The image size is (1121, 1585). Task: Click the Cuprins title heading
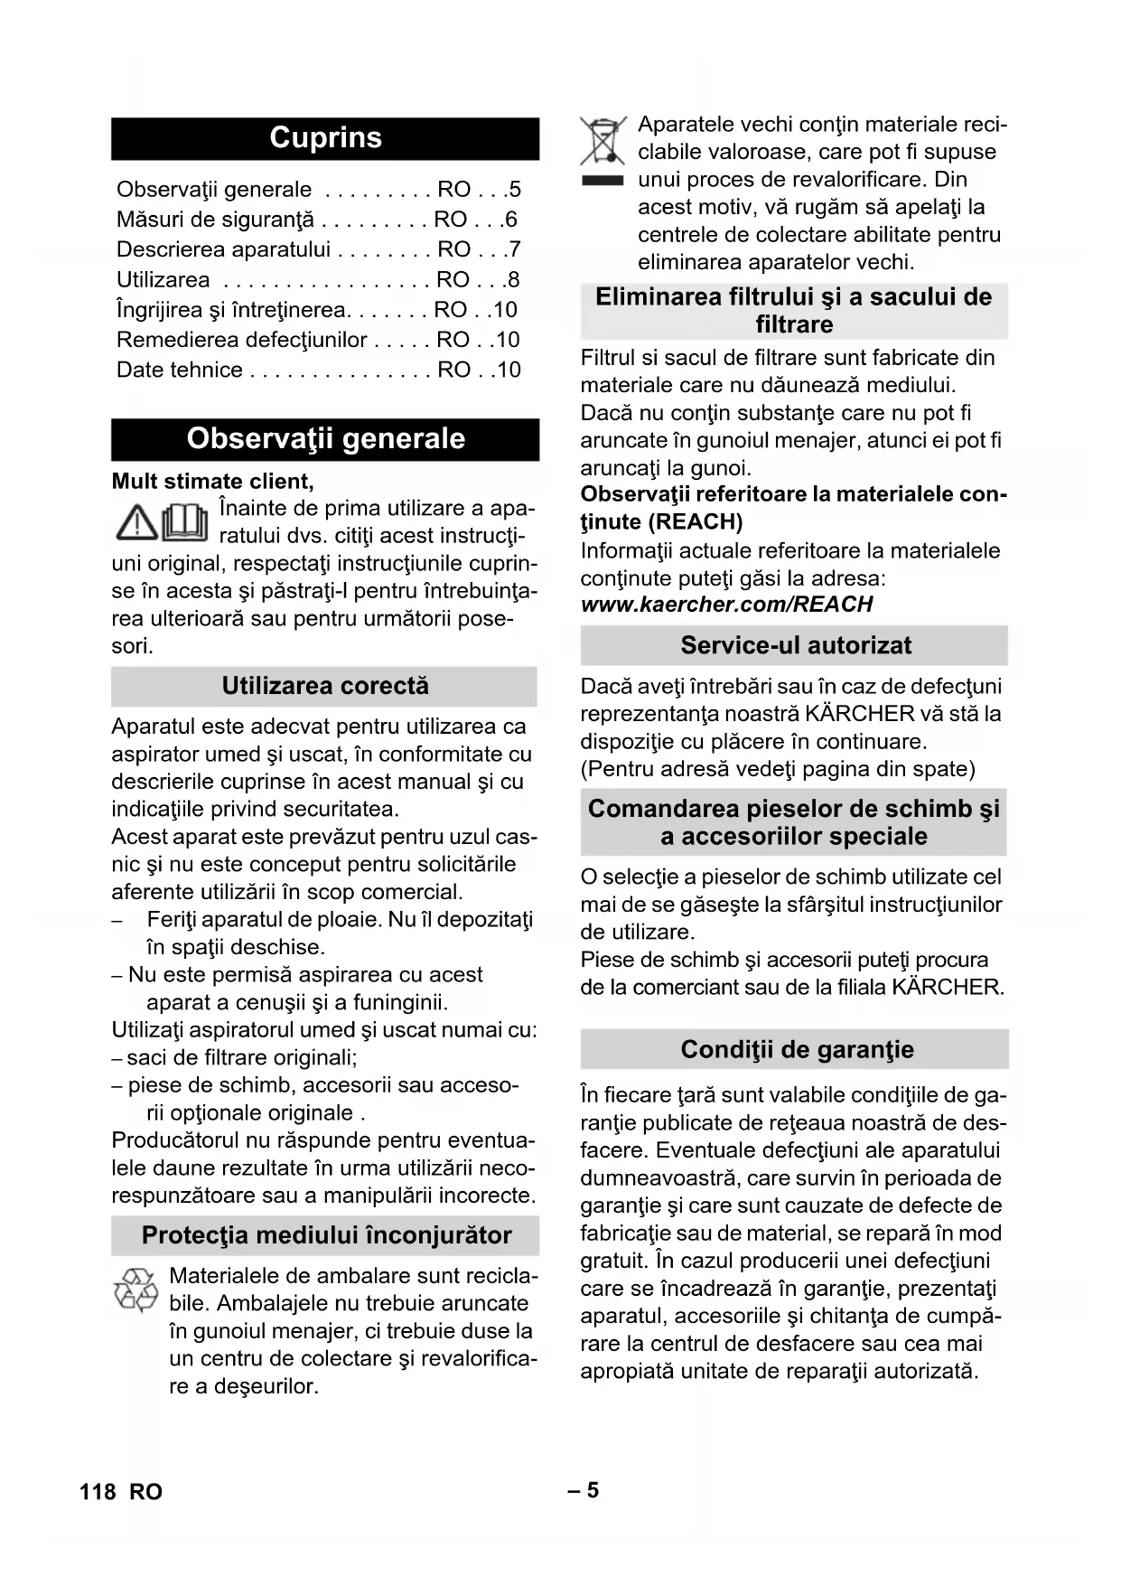[x=325, y=138]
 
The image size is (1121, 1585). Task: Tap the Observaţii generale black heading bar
[x=325, y=439]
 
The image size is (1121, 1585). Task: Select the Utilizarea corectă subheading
[x=325, y=687]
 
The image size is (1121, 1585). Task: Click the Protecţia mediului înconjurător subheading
[x=326, y=1235]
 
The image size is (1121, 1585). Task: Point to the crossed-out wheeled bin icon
[x=603, y=140]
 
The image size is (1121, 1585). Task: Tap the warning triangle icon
[x=136, y=522]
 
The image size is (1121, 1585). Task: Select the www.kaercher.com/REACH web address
[x=727, y=605]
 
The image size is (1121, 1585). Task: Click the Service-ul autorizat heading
[x=795, y=645]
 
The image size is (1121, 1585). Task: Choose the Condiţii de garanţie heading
[x=796, y=1049]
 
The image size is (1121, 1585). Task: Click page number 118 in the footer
[x=98, y=1492]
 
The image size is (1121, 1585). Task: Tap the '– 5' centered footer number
[x=584, y=1490]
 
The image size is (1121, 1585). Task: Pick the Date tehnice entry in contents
[x=180, y=370]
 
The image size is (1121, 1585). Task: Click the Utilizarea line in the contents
[x=163, y=280]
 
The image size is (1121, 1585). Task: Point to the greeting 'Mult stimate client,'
[x=213, y=481]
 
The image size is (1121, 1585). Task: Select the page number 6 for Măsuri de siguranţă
[x=511, y=220]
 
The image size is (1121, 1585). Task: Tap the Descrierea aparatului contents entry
[x=223, y=249]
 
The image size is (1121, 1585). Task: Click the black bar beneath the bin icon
[x=603, y=181]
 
